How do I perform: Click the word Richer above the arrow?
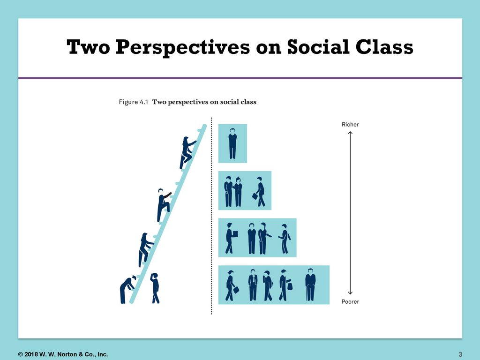(350, 124)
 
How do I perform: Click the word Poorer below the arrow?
(350, 301)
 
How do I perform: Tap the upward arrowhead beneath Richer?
(350, 133)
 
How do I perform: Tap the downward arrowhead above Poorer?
(350, 292)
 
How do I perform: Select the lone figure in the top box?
(232, 143)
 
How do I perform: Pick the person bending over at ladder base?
(127, 289)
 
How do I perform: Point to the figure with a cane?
(310, 285)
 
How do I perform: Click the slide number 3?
(460, 354)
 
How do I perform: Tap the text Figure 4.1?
(134, 102)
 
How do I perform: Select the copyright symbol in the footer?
(21, 354)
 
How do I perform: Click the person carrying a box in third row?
(231, 239)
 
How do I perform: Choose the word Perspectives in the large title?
(183, 47)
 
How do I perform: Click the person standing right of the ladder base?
(155, 288)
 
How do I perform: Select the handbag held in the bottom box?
(290, 286)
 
